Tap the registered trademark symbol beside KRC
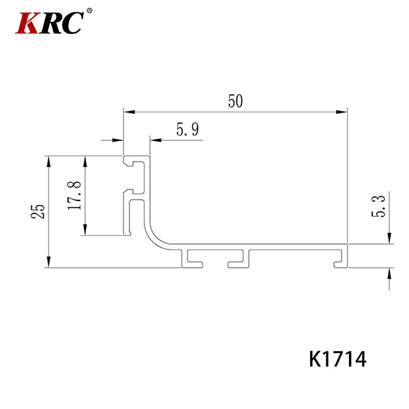click(x=89, y=11)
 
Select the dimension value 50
click(x=235, y=101)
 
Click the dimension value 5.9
click(x=187, y=130)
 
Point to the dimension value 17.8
click(x=74, y=196)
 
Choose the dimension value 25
click(x=37, y=211)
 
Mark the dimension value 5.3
click(x=378, y=206)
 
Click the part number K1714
click(x=337, y=359)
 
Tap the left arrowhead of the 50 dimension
click(x=130, y=112)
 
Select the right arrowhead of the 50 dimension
click(x=342, y=112)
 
